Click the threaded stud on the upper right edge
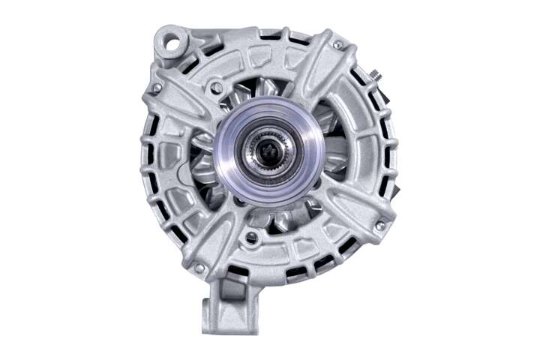(373, 75)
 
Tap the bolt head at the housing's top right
(338, 45)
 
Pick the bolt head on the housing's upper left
(157, 88)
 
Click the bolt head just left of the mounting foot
(199, 267)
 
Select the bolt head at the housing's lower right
(380, 225)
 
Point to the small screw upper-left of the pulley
(216, 88)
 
